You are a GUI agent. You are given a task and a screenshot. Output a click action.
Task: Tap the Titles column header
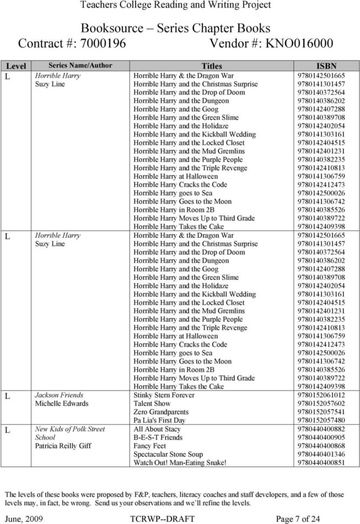212,66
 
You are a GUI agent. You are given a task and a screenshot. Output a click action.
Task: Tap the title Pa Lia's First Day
159,420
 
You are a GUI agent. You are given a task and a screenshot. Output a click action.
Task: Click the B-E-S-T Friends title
158,438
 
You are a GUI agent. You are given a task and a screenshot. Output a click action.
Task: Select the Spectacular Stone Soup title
168,454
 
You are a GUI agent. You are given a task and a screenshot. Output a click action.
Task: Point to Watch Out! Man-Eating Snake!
179,463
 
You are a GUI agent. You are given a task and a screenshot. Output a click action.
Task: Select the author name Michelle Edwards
62,404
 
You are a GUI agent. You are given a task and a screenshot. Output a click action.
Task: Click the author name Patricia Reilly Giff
63,446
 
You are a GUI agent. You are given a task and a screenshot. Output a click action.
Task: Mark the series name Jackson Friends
60,395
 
